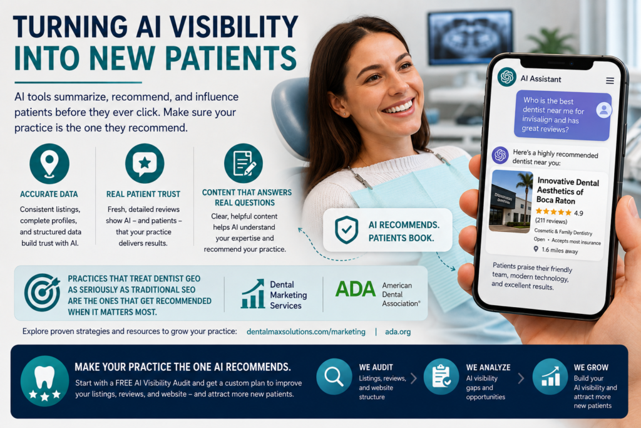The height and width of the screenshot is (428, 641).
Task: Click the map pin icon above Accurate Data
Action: (49, 164)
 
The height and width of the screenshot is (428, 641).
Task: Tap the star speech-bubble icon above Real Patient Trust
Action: (145, 164)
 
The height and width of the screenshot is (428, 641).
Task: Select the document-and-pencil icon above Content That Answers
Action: (244, 164)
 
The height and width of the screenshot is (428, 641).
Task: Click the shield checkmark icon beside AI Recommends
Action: (347, 229)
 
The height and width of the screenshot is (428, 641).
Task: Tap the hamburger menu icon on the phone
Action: (610, 81)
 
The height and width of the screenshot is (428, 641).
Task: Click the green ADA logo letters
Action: (356, 290)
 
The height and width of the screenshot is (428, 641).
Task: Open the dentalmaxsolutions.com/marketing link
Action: (305, 332)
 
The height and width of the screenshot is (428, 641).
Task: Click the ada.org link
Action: (397, 332)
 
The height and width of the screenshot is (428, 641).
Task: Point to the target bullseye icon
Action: (42, 292)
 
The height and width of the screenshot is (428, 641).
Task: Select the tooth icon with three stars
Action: (44, 381)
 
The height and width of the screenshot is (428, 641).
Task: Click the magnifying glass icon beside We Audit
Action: (334, 377)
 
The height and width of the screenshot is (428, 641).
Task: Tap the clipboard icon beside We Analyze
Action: (441, 377)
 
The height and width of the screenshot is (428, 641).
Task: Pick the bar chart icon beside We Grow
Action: (550, 377)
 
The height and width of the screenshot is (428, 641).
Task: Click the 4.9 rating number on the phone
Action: (578, 213)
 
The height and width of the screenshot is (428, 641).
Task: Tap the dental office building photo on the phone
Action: (511, 201)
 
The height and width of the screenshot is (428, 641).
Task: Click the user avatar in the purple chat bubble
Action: (603, 110)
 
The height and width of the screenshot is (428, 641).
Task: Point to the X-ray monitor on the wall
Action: (469, 38)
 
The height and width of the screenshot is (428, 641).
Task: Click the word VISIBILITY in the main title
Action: (233, 27)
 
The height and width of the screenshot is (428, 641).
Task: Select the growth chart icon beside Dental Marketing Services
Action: (253, 293)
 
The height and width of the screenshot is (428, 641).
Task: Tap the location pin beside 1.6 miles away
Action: (536, 249)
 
